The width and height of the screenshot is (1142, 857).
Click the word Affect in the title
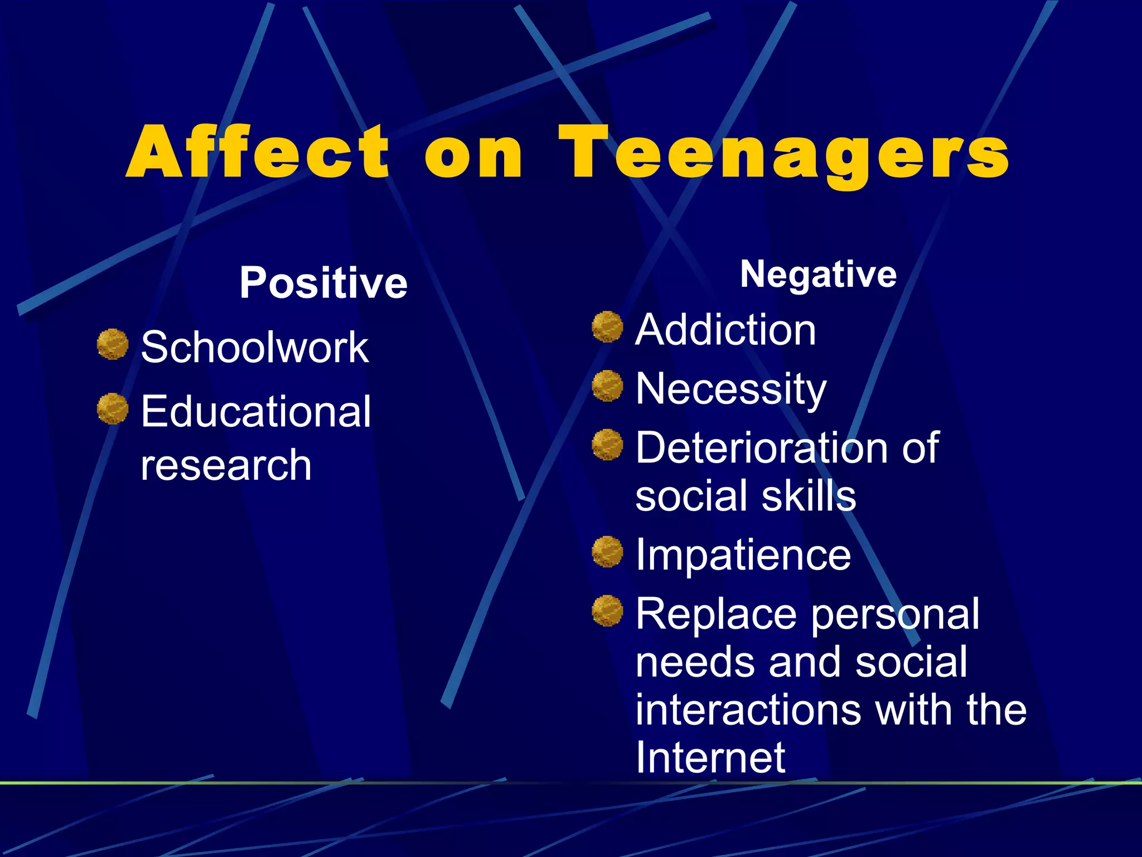click(x=258, y=152)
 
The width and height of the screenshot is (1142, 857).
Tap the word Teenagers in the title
click(x=783, y=154)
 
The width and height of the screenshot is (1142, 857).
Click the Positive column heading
click(x=323, y=283)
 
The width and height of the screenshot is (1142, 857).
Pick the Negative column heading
click(x=818, y=275)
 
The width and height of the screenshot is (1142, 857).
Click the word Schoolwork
click(x=255, y=347)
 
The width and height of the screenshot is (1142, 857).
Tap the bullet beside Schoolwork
click(x=113, y=344)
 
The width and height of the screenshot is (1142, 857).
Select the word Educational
click(x=256, y=411)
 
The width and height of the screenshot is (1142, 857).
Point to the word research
click(x=226, y=465)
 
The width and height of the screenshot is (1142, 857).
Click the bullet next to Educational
click(x=113, y=408)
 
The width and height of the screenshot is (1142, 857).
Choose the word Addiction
click(x=725, y=330)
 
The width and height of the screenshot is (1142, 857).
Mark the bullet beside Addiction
click(x=607, y=326)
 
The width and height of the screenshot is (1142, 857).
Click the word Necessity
click(x=731, y=389)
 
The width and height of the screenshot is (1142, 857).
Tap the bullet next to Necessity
click(x=607, y=386)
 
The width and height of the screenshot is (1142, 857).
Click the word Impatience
click(x=743, y=555)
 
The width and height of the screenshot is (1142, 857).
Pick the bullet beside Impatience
click(x=607, y=551)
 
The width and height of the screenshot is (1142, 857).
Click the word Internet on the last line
click(x=710, y=757)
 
